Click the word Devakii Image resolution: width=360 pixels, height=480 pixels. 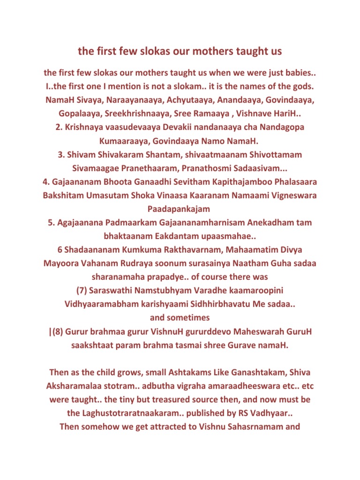click(x=177, y=127)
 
